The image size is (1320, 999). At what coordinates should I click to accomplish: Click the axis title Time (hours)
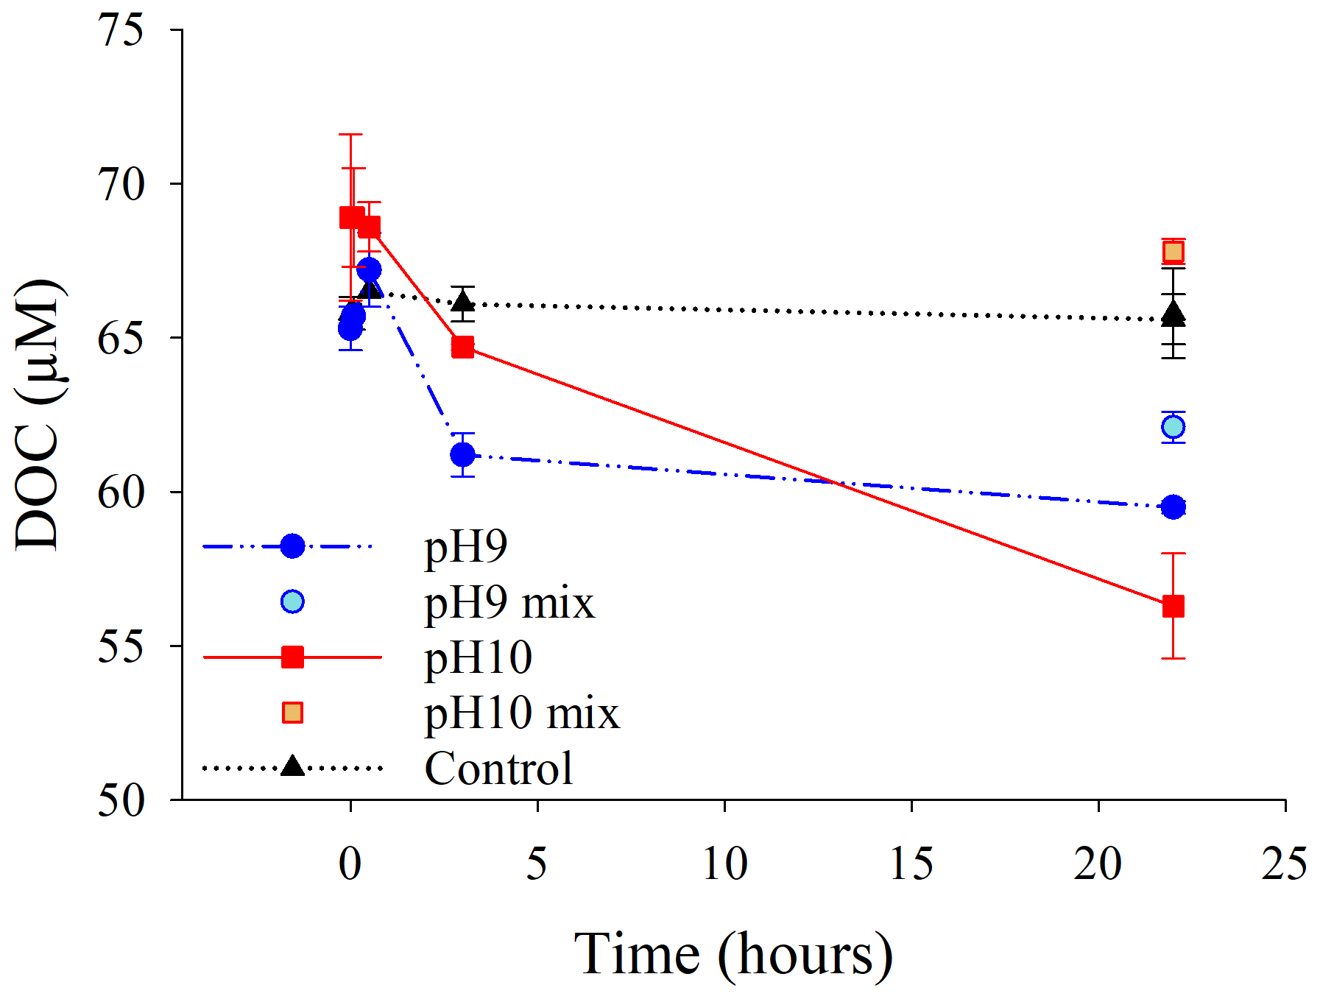733,955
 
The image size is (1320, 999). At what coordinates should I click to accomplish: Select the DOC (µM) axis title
37,414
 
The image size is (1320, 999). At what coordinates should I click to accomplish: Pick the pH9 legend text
466,547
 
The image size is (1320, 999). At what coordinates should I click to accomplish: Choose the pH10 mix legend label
522,713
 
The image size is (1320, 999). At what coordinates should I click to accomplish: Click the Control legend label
498,769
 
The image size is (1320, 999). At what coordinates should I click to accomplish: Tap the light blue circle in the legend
292,601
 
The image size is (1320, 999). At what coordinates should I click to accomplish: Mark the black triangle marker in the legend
292,766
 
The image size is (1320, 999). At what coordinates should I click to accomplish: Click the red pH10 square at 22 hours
1173,606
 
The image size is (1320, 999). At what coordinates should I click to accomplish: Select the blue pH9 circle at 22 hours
1173,507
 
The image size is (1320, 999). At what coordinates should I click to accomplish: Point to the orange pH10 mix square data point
1173,252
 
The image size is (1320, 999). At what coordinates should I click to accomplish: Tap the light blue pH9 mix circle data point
1173,427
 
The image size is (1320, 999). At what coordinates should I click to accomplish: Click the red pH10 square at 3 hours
462,347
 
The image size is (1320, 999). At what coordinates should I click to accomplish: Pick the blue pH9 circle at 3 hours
462,455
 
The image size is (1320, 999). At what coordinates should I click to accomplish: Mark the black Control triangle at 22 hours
1173,314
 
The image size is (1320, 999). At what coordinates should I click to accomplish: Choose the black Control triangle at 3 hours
462,301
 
